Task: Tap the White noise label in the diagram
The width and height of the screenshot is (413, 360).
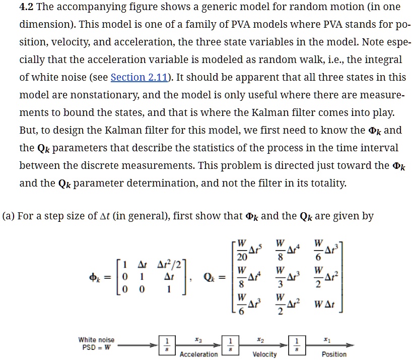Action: click(x=96, y=340)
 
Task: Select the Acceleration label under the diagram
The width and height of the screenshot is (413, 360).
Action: click(x=198, y=354)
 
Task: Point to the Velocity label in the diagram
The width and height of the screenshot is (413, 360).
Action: click(x=264, y=354)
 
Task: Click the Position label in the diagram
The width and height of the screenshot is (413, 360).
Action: click(x=334, y=354)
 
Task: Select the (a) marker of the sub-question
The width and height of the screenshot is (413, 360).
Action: click(x=8, y=216)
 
